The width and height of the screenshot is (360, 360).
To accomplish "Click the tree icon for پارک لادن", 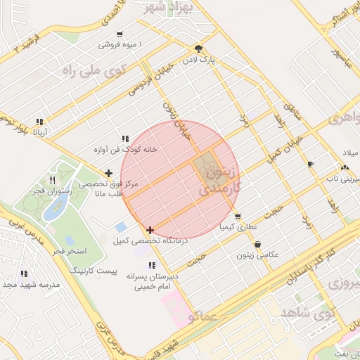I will click(199, 49).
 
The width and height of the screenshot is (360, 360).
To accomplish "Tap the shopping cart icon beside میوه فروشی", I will click(120, 34).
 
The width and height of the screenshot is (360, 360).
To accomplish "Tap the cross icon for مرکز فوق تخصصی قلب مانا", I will click(108, 173).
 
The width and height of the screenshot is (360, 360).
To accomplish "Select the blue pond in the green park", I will click(56, 207).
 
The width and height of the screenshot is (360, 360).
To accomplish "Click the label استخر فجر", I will click(68, 251).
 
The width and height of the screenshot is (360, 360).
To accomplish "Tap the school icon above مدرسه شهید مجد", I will click(24, 274).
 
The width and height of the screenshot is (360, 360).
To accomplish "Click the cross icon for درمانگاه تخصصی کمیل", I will click(150, 230).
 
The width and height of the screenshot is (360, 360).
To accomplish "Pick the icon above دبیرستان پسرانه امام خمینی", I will click(152, 265).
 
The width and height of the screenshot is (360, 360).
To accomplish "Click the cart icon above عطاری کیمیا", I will click(238, 217).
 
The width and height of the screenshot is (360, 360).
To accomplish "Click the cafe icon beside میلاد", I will click(310, 164).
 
